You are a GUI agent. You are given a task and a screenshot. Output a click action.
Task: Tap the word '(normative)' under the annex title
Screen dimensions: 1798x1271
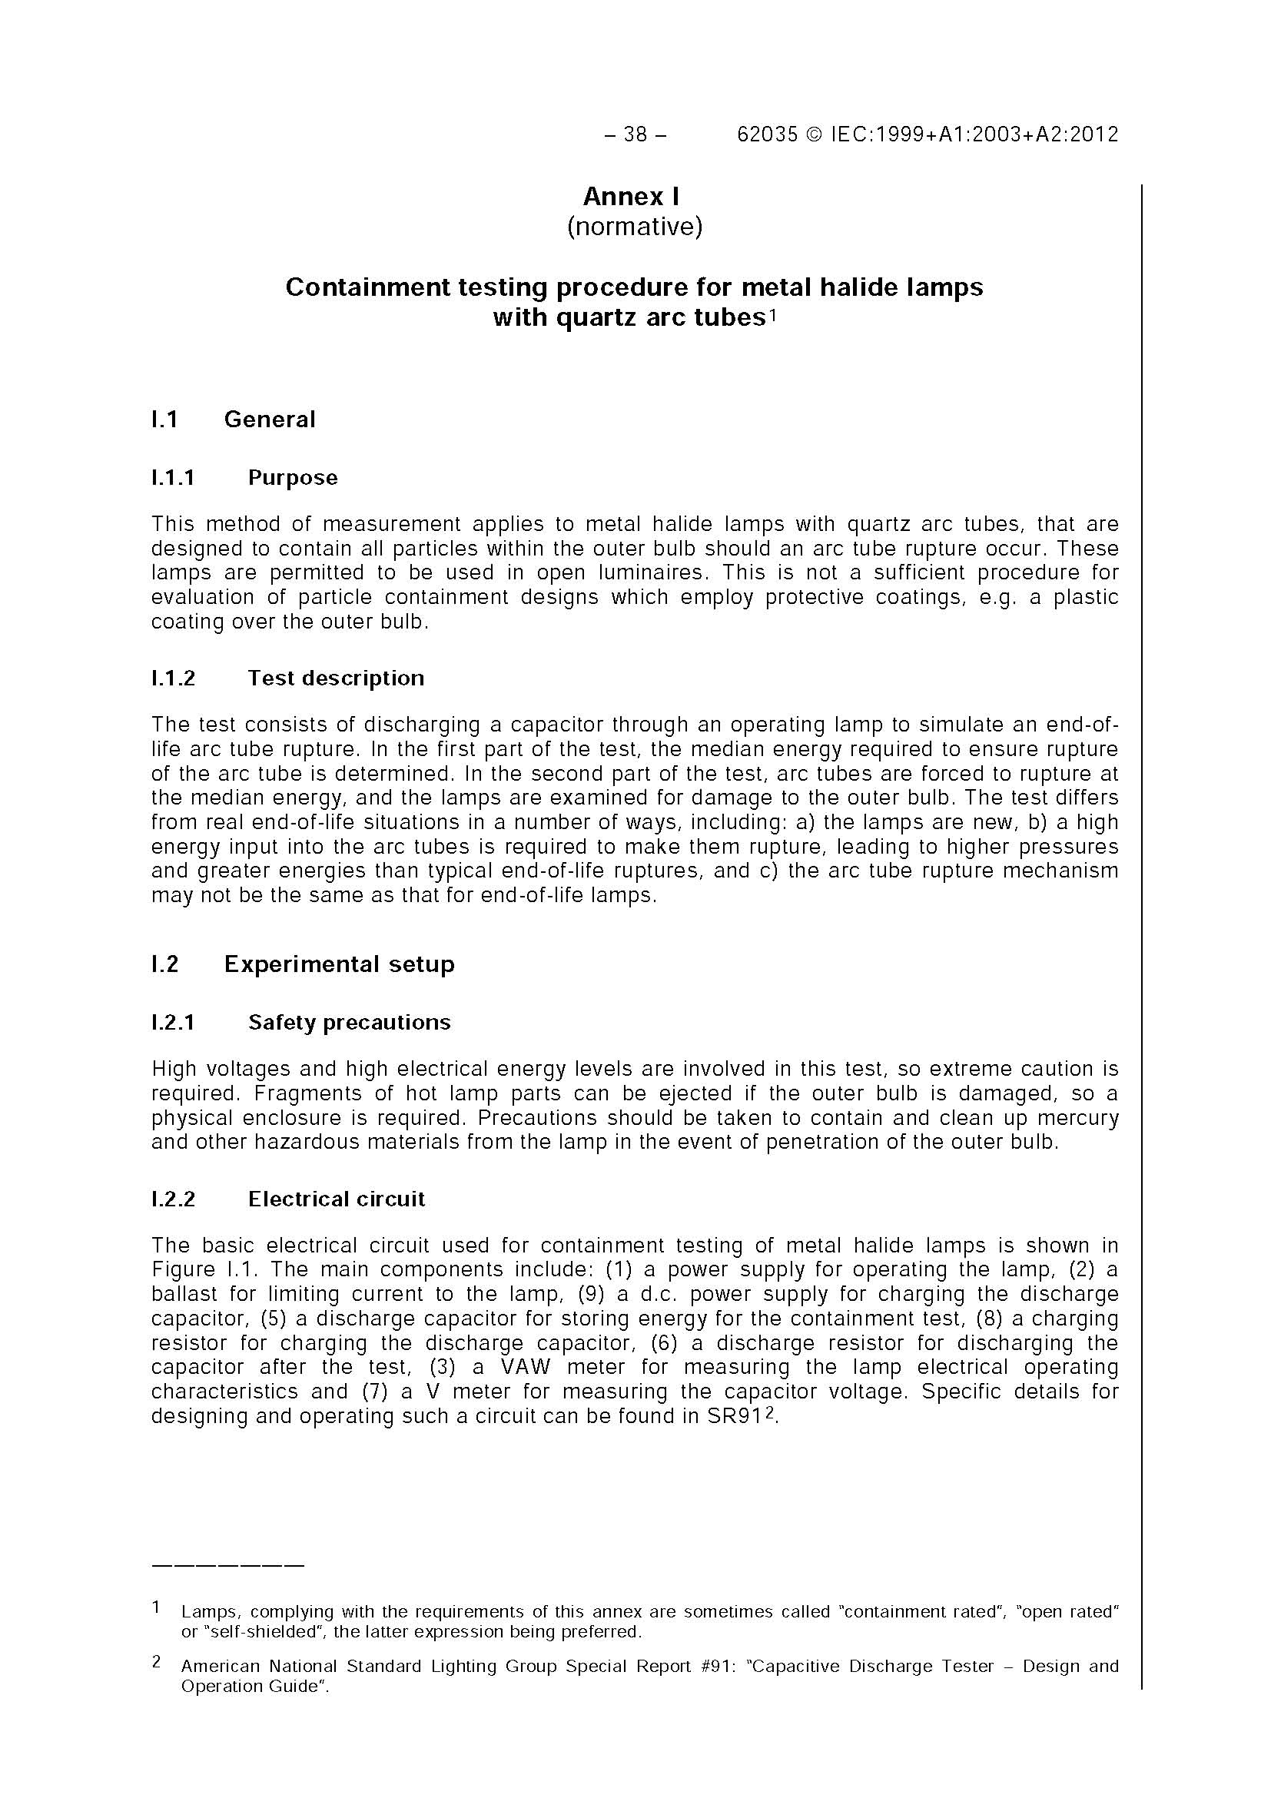(635, 227)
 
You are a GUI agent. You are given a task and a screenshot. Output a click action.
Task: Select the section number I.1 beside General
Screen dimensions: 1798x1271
(164, 420)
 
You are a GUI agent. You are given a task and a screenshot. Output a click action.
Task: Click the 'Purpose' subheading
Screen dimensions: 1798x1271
(293, 478)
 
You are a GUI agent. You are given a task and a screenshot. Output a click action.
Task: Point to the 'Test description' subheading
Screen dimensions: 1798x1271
(336, 678)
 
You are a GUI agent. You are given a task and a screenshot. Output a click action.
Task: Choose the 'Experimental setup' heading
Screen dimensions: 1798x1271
(339, 964)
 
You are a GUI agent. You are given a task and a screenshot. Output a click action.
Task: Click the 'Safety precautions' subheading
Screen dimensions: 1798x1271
(350, 1023)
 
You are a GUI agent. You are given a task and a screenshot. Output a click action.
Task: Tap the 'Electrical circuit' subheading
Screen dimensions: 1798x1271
(337, 1199)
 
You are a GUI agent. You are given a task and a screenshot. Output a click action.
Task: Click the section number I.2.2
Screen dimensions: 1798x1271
(173, 1199)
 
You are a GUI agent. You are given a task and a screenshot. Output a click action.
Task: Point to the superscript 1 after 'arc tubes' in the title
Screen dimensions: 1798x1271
(772, 315)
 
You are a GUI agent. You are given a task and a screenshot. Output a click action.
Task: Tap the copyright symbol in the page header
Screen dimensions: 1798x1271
(815, 134)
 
